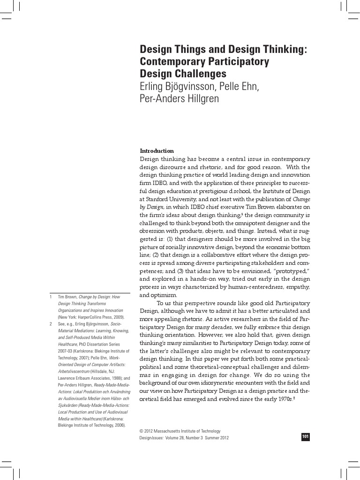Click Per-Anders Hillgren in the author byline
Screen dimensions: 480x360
[180, 98]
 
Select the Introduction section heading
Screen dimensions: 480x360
[157, 151]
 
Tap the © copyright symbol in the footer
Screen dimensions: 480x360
[142, 431]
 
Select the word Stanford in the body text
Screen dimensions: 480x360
[157, 199]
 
